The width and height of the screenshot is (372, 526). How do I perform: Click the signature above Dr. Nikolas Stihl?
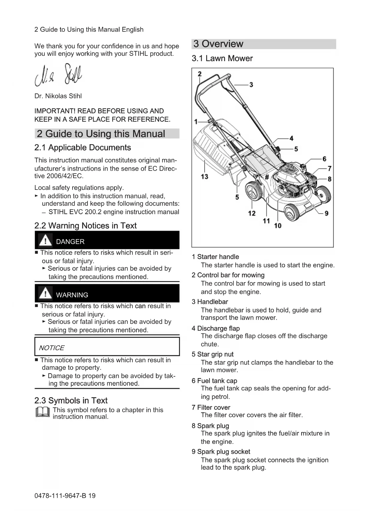pyautogui.click(x=58, y=75)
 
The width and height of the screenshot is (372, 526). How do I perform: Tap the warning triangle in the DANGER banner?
pyautogui.click(x=45, y=240)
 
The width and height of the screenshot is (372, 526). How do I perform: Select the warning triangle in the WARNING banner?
pyautogui.click(x=45, y=293)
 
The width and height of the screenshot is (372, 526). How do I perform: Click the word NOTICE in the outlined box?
pyautogui.click(x=52, y=348)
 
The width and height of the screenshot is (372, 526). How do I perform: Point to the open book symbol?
pyautogui.click(x=42, y=412)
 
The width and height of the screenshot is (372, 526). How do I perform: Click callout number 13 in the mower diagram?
pyautogui.click(x=204, y=177)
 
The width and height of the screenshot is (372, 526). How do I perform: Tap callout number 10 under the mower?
pyautogui.click(x=278, y=226)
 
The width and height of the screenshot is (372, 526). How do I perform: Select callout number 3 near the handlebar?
pyautogui.click(x=251, y=85)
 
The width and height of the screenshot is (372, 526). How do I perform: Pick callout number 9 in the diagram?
pyautogui.click(x=326, y=213)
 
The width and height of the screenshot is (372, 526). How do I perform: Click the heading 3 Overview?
pyautogui.click(x=218, y=44)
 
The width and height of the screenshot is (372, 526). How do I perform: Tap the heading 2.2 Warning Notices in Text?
pyautogui.click(x=85, y=226)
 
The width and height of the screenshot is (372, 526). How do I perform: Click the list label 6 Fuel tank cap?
pyautogui.click(x=214, y=381)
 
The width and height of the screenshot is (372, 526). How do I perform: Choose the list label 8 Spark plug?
pyautogui.click(x=210, y=426)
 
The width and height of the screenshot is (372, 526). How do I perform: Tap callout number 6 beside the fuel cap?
pyautogui.click(x=324, y=159)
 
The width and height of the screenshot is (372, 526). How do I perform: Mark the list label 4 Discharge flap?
pyautogui.click(x=216, y=328)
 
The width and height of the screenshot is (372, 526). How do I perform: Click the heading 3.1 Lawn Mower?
pyautogui.click(x=222, y=58)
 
